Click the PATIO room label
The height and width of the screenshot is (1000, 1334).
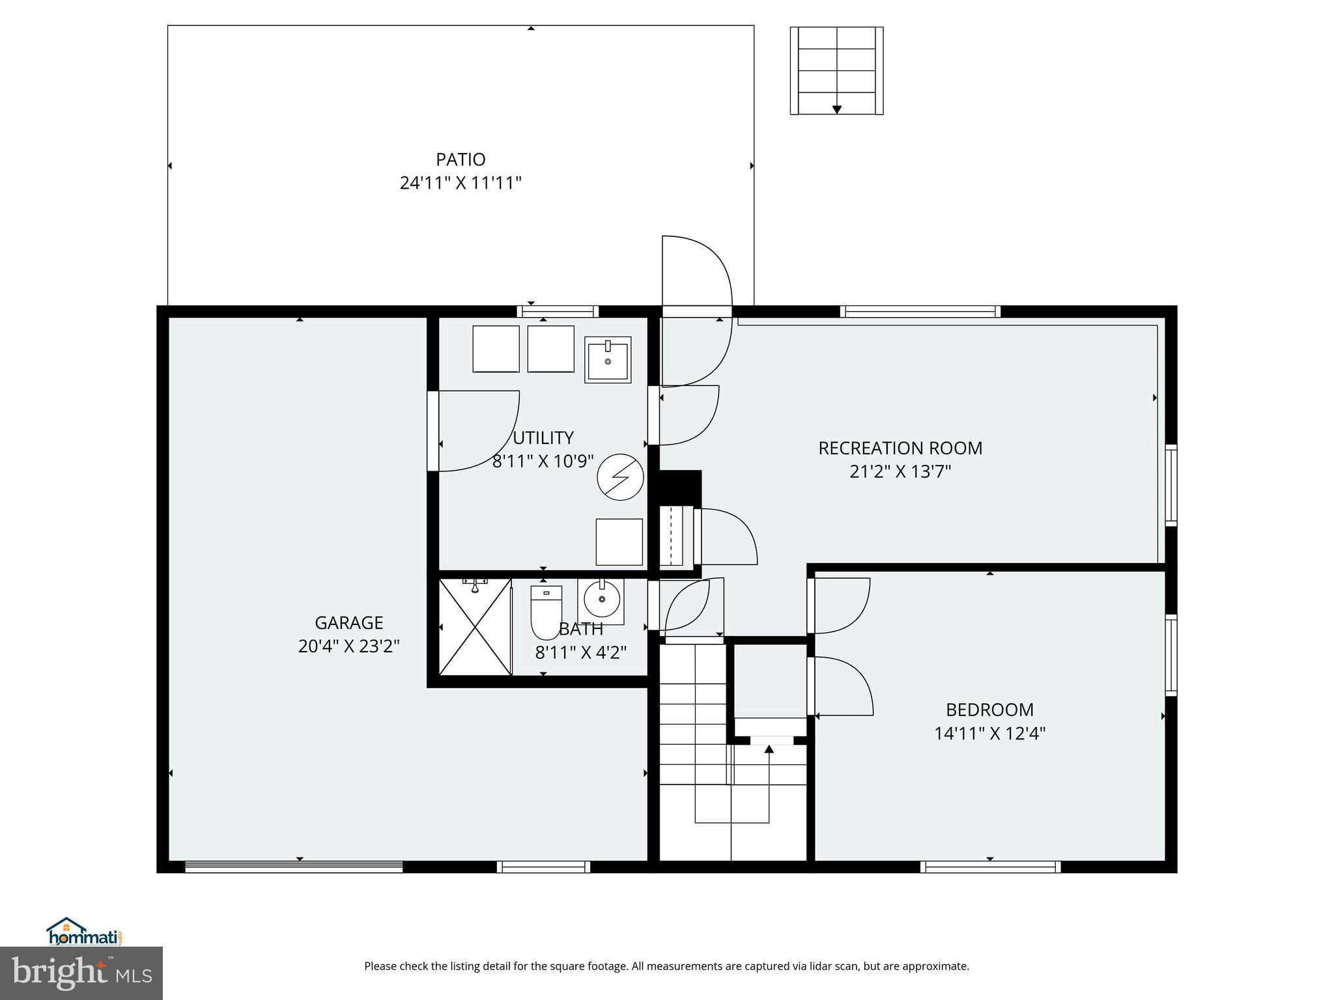[461, 160]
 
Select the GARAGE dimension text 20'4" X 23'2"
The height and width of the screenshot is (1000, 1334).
[348, 646]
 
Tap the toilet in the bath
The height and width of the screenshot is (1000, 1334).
[546, 612]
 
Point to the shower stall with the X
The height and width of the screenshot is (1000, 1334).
[475, 626]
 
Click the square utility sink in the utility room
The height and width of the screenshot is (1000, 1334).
[607, 359]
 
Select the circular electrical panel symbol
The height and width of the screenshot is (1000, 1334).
[620, 477]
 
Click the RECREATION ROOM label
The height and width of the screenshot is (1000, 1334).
[900, 448]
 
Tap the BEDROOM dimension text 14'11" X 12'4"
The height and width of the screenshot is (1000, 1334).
[989, 734]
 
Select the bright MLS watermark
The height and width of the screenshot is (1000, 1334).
[81, 973]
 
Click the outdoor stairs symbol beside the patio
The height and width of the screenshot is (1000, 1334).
[836, 71]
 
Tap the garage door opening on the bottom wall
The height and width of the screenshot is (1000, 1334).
[294, 867]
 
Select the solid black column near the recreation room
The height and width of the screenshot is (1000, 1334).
[680, 486]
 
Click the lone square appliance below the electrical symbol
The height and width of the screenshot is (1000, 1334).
[619, 542]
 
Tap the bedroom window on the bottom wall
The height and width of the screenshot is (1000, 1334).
[990, 867]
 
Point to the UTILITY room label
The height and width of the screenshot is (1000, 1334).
[543, 437]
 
